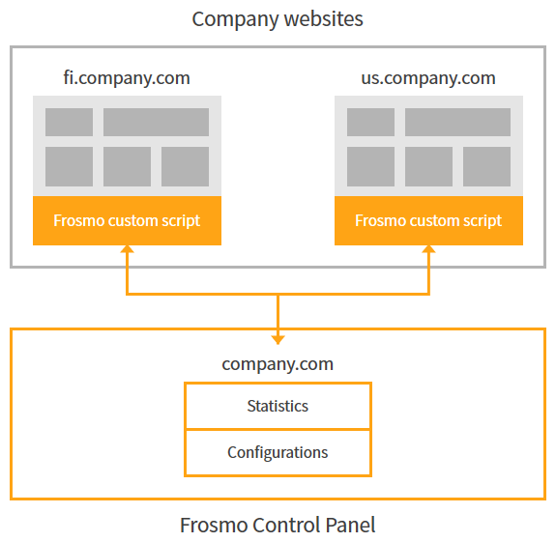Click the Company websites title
278,18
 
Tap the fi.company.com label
126,78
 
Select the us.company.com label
427,78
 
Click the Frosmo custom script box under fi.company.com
127,220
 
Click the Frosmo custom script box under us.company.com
428,220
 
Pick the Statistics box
278,406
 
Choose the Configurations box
278,452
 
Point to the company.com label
278,364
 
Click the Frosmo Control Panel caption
278,526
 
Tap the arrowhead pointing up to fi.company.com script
127,251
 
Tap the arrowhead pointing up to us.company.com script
428,251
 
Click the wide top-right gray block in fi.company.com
156,122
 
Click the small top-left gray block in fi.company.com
69,122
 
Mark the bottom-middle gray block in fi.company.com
127,166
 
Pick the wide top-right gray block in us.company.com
457,122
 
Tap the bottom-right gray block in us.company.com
486,166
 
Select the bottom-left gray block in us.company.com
370,166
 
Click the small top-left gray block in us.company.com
370,122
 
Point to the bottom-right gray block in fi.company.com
185,166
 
